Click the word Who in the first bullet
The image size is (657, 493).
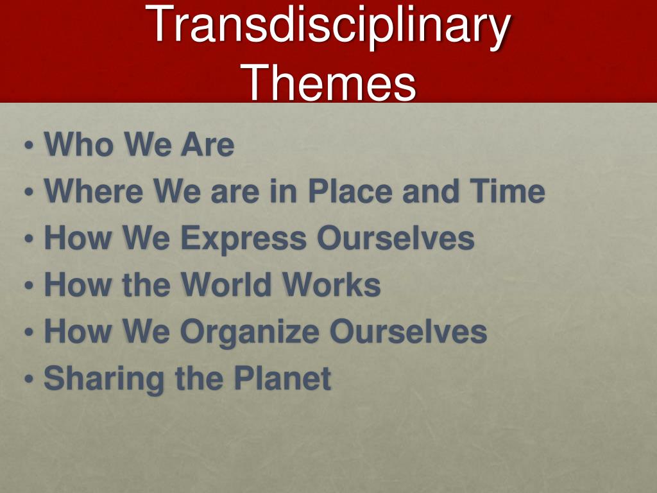coord(79,144)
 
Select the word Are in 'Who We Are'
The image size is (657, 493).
coord(207,144)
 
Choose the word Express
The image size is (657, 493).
coord(244,238)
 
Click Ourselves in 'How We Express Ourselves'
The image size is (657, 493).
coord(395,238)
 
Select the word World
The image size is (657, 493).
coord(226,284)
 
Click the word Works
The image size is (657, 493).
coord(332,284)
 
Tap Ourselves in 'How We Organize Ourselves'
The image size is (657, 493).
coord(409,331)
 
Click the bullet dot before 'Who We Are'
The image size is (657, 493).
coord(28,146)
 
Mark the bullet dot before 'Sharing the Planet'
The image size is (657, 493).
coord(28,379)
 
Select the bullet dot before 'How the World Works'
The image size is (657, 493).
coord(28,286)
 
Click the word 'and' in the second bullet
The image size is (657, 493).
coord(432,191)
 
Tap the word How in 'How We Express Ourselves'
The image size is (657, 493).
coord(78,238)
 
